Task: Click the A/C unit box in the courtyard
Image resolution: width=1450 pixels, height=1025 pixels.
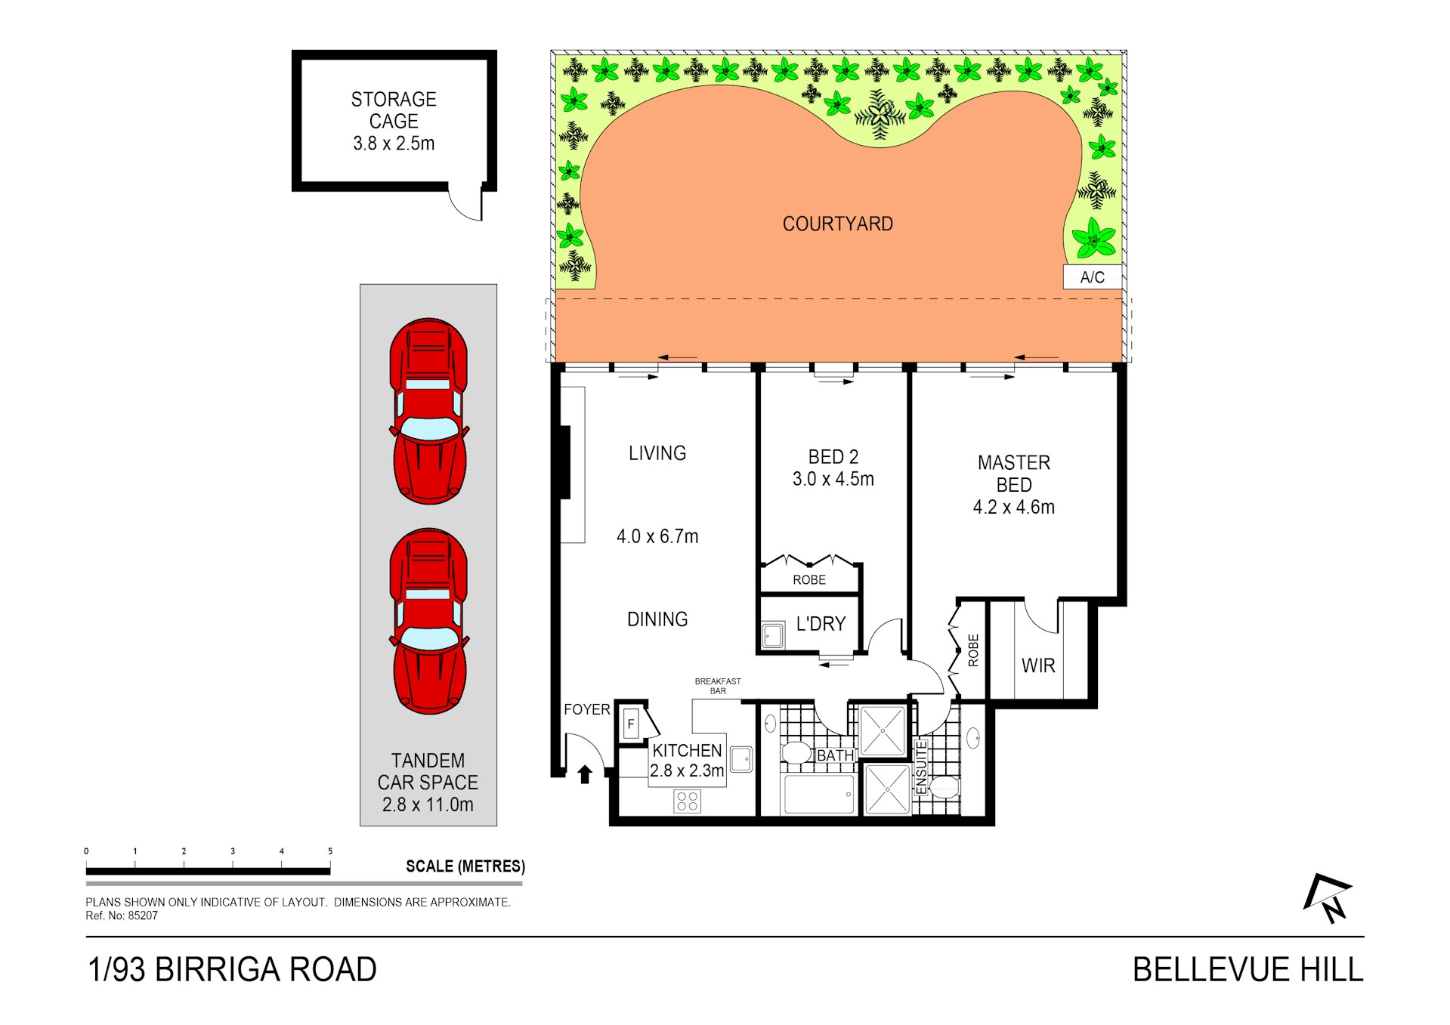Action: pos(1092,277)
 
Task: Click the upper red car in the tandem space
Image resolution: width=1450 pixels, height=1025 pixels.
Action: pos(428,411)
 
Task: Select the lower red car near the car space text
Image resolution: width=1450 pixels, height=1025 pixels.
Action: pos(428,621)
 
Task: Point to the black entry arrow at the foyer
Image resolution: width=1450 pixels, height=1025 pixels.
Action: pos(584,774)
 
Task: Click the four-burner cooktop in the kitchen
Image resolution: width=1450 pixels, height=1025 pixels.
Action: pos(687,801)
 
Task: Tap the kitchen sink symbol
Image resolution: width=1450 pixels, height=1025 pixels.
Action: pos(741,759)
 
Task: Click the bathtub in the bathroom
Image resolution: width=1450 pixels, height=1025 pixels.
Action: pos(819,795)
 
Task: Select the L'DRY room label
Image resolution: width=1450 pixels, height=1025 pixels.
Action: pos(821,624)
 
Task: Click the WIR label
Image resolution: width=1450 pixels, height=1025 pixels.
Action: pos(1038,665)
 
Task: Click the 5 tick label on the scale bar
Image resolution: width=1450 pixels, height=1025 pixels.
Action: pos(330,851)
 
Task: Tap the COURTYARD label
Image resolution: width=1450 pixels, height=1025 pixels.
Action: pos(837,224)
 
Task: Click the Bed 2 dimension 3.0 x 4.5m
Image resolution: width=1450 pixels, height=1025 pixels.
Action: pos(833,479)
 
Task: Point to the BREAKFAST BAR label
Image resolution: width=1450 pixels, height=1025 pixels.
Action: pos(718,686)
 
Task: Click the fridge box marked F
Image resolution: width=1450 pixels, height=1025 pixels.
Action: pos(631,724)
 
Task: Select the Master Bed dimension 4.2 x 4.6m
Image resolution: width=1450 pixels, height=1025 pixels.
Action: pos(1013,507)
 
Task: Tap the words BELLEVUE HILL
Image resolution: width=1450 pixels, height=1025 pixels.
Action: pos(1247,970)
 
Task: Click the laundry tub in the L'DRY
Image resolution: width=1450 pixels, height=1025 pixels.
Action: pos(772,635)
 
